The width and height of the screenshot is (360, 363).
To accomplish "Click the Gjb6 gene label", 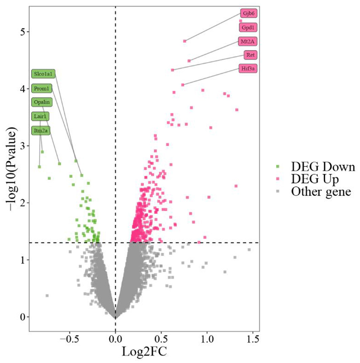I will [249, 13].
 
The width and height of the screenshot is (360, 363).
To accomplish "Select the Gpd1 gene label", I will [249, 27].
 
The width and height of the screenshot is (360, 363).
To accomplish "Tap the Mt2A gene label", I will [248, 42].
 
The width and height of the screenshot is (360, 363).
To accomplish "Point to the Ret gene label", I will [250, 55].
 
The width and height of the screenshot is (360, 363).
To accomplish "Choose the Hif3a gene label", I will [249, 69].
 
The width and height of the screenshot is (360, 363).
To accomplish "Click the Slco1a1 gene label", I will [43, 74].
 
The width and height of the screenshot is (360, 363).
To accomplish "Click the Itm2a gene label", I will [40, 130].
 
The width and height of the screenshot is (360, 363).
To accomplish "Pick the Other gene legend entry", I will [321, 191].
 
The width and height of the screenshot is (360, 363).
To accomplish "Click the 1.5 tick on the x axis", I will [252, 338].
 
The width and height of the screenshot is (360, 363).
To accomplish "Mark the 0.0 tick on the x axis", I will [115, 338].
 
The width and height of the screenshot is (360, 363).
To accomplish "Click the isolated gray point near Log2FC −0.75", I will [47, 296].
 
